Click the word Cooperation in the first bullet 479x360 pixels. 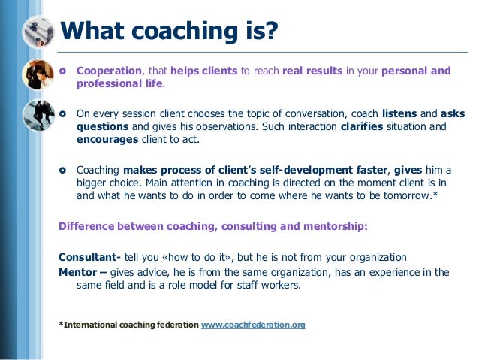(x=109, y=71)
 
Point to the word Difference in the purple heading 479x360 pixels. (x=90, y=226)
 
